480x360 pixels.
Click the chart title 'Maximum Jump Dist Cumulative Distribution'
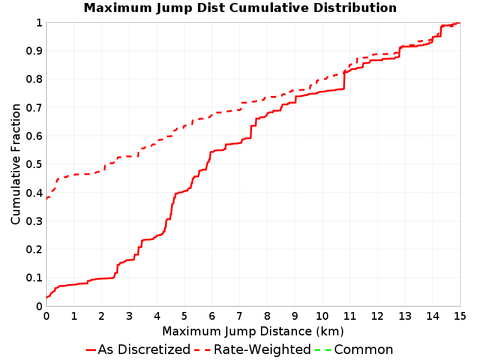pyautogui.click(x=241, y=8)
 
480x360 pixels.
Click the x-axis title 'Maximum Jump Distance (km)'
pyautogui.click(x=253, y=331)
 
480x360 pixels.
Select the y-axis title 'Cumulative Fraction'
pyautogui.click(x=16, y=164)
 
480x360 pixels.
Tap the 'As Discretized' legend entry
pyautogui.click(x=138, y=349)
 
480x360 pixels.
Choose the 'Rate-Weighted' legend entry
pyautogui.click(x=253, y=349)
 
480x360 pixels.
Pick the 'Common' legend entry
pyautogui.click(x=354, y=349)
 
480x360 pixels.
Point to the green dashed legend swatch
pyautogui.click(x=323, y=350)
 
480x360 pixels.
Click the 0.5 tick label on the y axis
pyautogui.click(x=34, y=164)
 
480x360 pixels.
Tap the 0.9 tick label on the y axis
pyautogui.click(x=34, y=51)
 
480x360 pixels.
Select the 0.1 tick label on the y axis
pyautogui.click(x=34, y=278)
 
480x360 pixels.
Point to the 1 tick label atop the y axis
pyautogui.click(x=39, y=23)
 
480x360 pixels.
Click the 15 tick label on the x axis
pyautogui.click(x=460, y=316)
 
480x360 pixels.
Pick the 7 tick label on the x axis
pyautogui.click(x=239, y=316)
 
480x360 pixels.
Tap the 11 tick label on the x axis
pyautogui.click(x=350, y=316)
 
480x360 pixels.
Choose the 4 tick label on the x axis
pyautogui.click(x=157, y=316)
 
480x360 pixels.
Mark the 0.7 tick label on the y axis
pyautogui.click(x=34, y=108)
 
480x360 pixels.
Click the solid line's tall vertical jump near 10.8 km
pyautogui.click(x=344, y=80)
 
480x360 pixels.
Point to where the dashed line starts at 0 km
pyautogui.click(x=47, y=199)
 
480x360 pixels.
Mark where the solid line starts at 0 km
pyautogui.click(x=47, y=297)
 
